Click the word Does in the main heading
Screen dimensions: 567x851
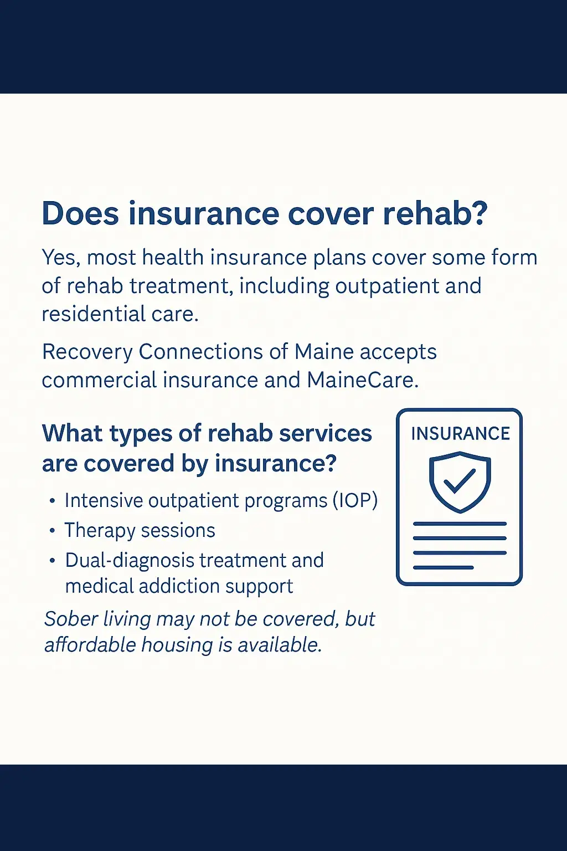[x=80, y=213]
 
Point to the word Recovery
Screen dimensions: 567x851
[x=87, y=352]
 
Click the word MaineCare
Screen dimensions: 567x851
[x=362, y=380]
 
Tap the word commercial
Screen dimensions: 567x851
[x=99, y=380]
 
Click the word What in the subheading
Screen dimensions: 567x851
[x=72, y=433]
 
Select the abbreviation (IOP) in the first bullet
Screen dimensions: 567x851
[x=355, y=500]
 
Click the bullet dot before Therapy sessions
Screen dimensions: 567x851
[x=53, y=530]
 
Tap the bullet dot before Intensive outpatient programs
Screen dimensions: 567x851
[x=53, y=500]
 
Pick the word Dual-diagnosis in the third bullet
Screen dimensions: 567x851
[x=130, y=561]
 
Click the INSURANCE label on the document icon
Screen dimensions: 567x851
[x=460, y=434]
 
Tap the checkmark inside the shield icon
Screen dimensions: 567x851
[x=460, y=480]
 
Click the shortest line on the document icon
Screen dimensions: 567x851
[x=443, y=567]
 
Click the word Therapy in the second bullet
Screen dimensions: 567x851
[x=100, y=531]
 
